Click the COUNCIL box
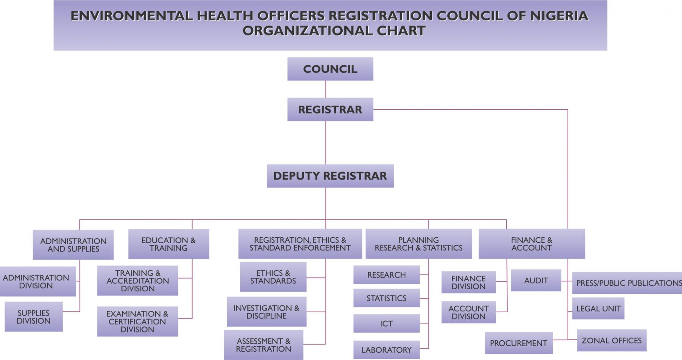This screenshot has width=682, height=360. point(330,69)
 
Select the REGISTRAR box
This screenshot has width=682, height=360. point(330,110)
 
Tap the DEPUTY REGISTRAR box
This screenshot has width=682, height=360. point(330,176)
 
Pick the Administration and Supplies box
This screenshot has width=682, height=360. point(73,245)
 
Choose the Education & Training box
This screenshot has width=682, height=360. point(169,244)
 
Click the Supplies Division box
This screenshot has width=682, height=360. point(33,317)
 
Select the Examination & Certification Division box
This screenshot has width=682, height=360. point(137,321)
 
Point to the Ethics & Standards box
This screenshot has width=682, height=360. point(273,277)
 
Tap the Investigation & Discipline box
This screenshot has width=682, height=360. point(267,312)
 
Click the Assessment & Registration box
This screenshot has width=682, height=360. point(264,345)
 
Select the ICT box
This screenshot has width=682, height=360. point(386,324)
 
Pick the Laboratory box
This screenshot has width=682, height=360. point(386,350)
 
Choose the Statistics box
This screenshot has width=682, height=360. point(386,298)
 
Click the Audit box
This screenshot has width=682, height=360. point(536,280)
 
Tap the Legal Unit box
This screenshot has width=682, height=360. point(598,309)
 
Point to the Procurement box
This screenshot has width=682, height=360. point(518,343)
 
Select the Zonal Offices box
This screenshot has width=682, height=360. point(611,340)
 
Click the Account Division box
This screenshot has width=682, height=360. point(468,312)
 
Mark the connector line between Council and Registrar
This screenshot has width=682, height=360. point(326,89)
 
